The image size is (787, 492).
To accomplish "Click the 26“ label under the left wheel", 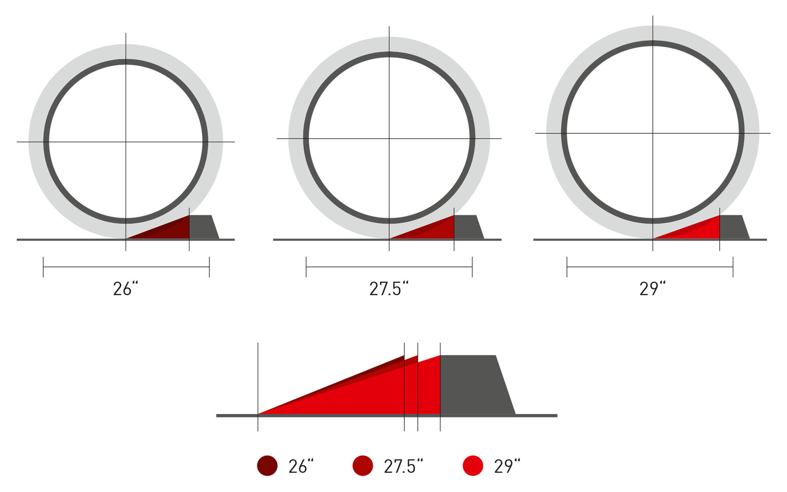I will click(x=125, y=289).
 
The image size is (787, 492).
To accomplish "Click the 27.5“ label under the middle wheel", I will click(x=389, y=289).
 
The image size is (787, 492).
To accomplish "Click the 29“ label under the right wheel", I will click(x=652, y=289).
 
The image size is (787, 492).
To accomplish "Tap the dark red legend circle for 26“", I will click(x=267, y=466).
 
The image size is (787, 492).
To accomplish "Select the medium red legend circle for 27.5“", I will click(x=362, y=466).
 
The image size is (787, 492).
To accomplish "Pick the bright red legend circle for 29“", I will click(x=473, y=466).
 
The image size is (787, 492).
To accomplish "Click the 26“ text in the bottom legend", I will click(x=301, y=467).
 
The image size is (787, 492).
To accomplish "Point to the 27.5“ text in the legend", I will click(x=403, y=467).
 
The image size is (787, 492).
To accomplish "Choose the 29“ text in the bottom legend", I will click(x=507, y=467).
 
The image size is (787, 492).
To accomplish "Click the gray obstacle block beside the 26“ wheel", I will click(x=202, y=227).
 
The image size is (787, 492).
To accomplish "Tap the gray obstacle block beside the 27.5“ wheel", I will click(x=467, y=227).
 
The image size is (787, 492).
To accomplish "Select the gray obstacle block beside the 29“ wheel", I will click(x=732, y=227).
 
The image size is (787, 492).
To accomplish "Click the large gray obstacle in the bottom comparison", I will click(x=474, y=385).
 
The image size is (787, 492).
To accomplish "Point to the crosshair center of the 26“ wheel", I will click(x=126, y=142).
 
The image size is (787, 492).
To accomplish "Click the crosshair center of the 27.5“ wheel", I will click(x=389, y=139).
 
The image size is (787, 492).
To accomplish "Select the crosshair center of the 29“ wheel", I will click(x=653, y=133).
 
